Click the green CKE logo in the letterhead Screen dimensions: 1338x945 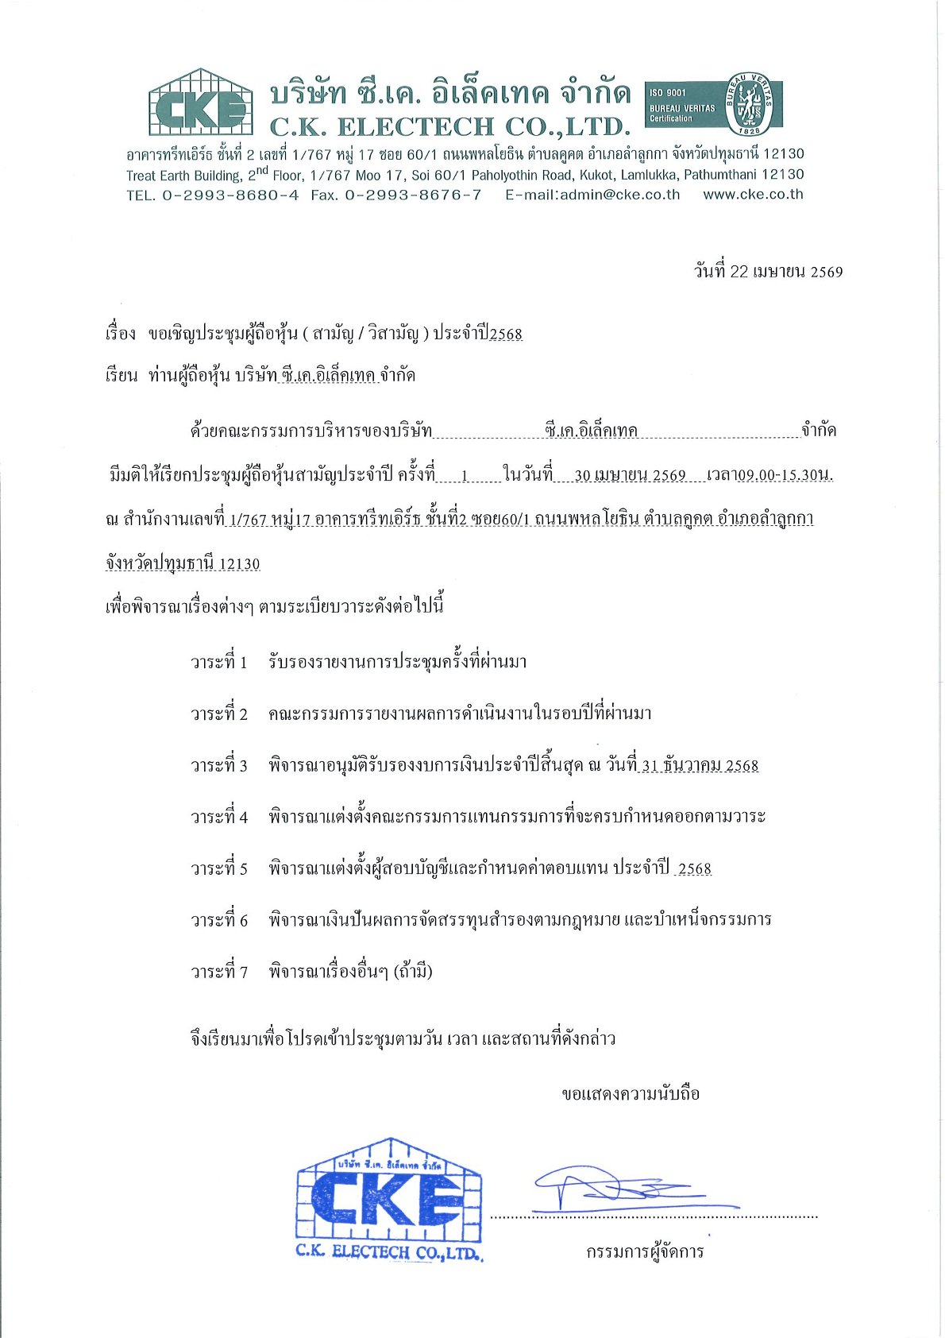click(200, 103)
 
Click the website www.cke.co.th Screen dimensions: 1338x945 click(753, 195)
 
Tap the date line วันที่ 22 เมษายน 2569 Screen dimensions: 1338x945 click(768, 272)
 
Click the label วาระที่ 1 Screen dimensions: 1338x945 click(219, 662)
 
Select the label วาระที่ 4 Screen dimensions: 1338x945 click(219, 817)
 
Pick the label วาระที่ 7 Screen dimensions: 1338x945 click(219, 972)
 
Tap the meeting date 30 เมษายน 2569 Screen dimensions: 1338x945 click(630, 475)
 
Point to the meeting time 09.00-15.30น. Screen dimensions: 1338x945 click(785, 475)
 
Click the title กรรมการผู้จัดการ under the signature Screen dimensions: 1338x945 click(645, 1252)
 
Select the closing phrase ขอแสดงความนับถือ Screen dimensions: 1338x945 click(631, 1094)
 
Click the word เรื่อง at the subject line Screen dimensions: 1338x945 click(121, 334)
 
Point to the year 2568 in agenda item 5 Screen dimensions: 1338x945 click(695, 868)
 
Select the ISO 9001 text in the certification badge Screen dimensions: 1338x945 click(668, 93)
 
